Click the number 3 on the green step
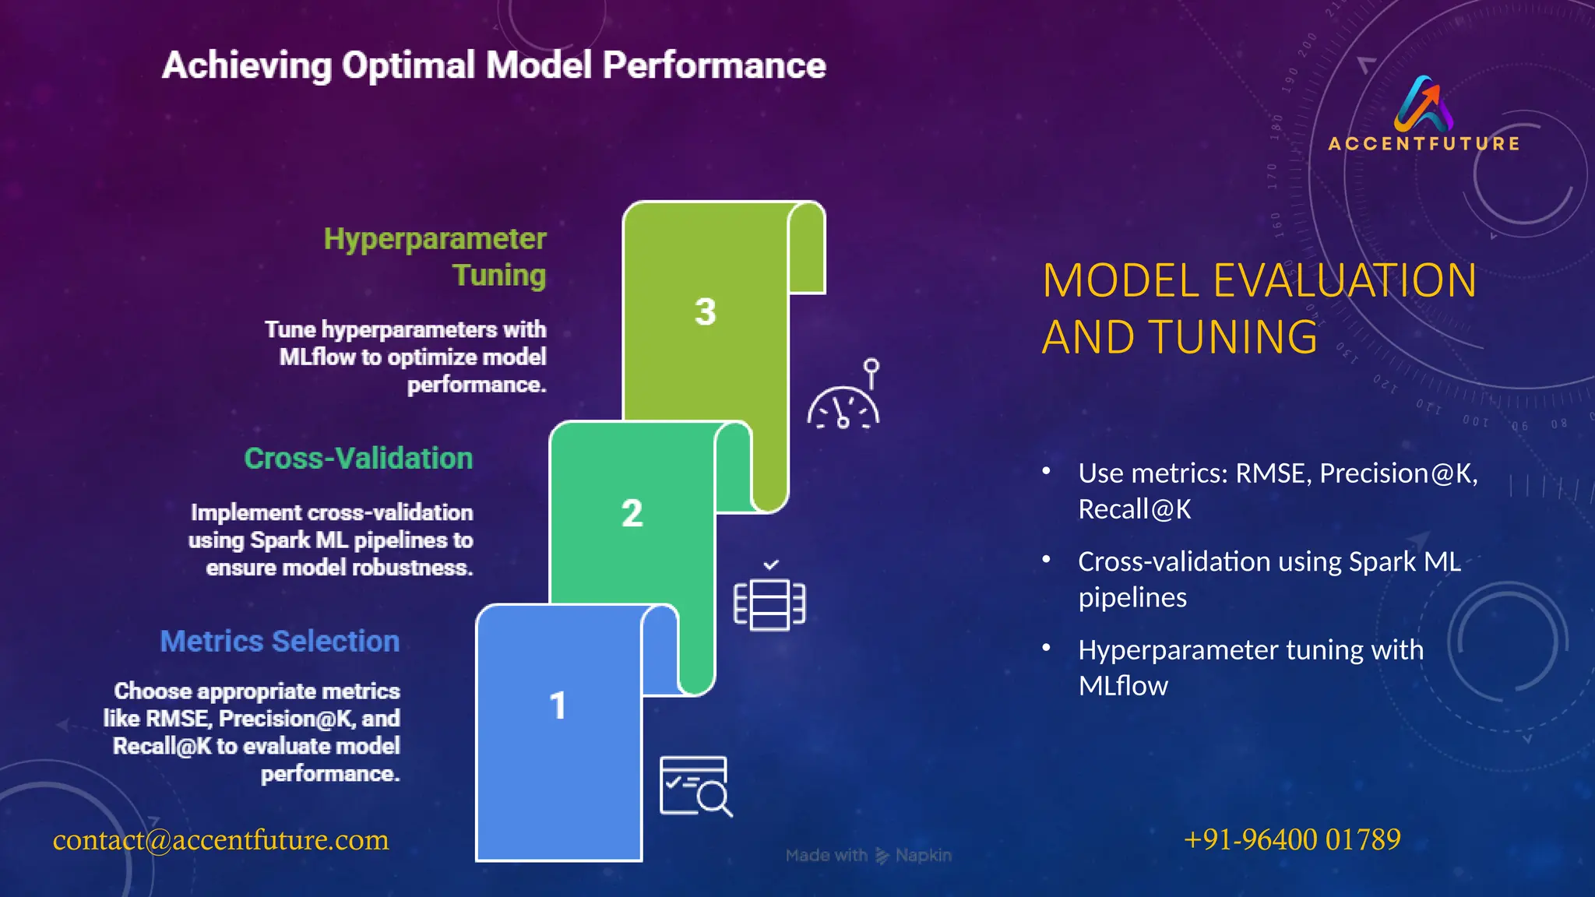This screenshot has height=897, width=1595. [x=705, y=312]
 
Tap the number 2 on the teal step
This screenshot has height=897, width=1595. [x=632, y=513]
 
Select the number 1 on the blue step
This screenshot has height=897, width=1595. [x=558, y=706]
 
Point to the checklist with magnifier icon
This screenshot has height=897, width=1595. [x=695, y=786]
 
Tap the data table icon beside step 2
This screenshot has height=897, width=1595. [x=769, y=603]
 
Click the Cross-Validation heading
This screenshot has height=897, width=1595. [x=358, y=459]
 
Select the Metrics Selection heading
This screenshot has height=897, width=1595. [x=280, y=642]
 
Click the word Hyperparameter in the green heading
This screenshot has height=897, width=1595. [x=435, y=239]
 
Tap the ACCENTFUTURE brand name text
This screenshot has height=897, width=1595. [x=1424, y=144]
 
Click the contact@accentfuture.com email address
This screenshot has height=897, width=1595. [x=220, y=840]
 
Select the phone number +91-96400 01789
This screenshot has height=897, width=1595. [x=1292, y=839]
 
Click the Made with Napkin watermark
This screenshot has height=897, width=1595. [x=868, y=856]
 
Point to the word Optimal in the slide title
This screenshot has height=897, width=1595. [x=408, y=65]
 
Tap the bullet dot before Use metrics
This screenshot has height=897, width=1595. [x=1047, y=471]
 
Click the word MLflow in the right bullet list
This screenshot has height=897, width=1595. [x=1122, y=686]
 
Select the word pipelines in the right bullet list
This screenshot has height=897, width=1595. [x=1132, y=598]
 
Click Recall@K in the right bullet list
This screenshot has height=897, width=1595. [x=1134, y=510]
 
